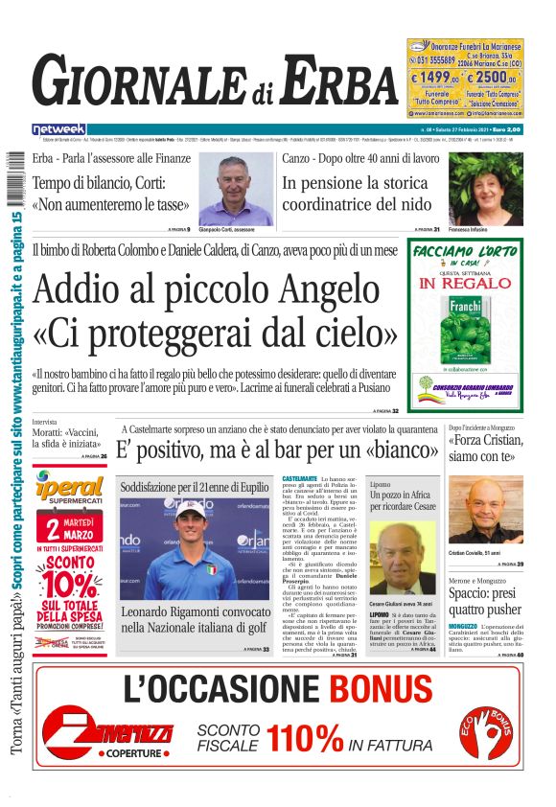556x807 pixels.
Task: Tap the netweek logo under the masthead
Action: click(58, 129)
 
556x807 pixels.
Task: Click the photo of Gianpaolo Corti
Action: click(235, 190)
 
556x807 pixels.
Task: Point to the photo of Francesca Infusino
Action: click(485, 189)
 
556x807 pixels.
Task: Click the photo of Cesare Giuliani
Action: click(404, 557)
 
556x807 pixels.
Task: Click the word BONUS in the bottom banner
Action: click(383, 689)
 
